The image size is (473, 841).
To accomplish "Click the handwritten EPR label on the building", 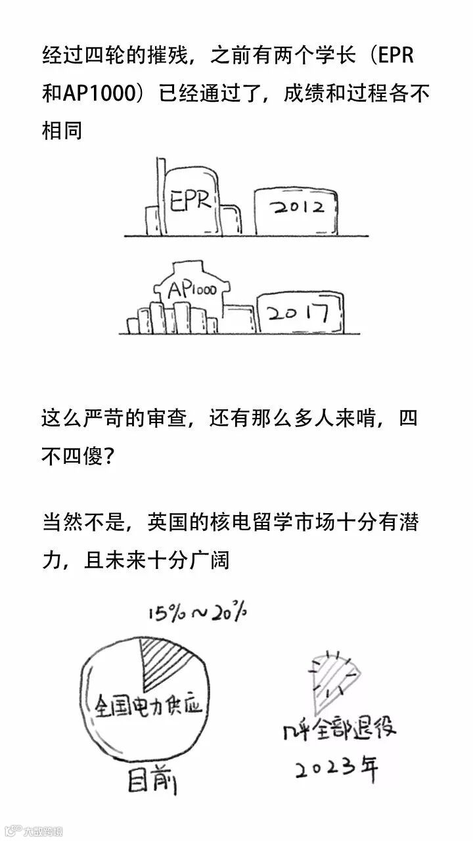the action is (191, 200).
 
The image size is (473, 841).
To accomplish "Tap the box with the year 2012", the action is (297, 208).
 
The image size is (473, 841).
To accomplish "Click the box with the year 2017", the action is (300, 314).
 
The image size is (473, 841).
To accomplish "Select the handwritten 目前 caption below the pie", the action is (152, 782).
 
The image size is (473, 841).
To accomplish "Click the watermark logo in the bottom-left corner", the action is (32, 831).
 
